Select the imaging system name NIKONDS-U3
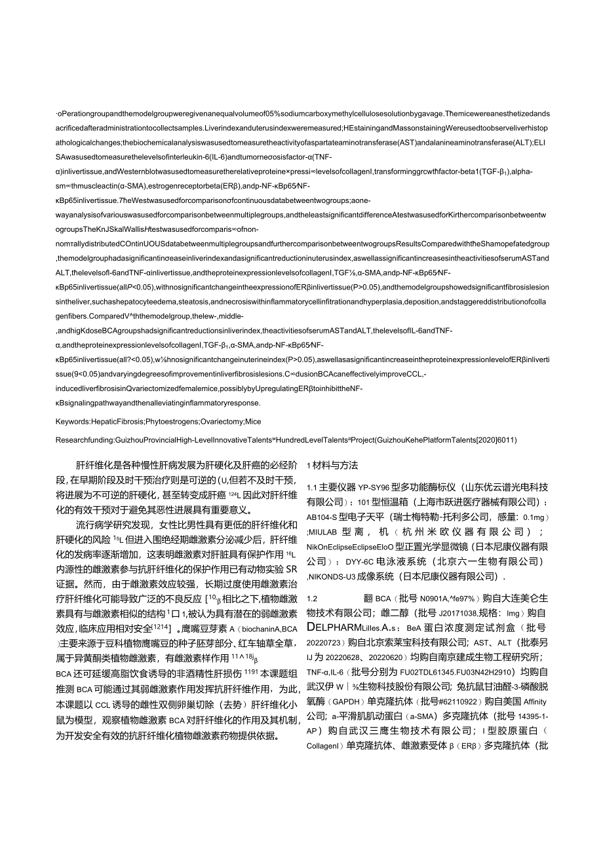click(x=338, y=576)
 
